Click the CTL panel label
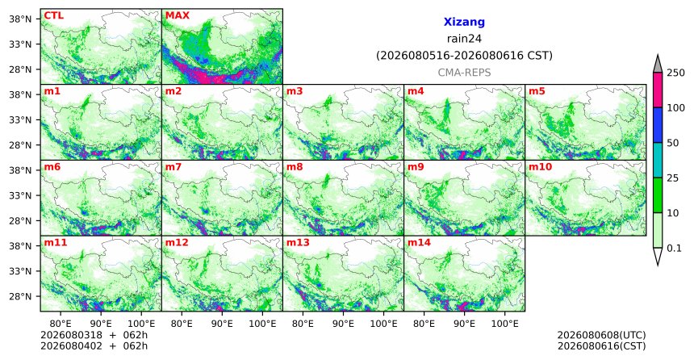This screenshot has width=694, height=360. [53, 16]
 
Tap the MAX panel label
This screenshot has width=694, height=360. [177, 16]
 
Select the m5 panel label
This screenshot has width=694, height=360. [537, 92]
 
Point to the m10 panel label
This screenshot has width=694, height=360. [540, 167]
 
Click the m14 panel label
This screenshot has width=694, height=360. [419, 243]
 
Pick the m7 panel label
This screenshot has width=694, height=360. [173, 167]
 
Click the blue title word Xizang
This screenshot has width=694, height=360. [464, 22]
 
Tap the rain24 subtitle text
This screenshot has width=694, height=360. [464, 39]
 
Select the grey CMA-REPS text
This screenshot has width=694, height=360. [464, 73]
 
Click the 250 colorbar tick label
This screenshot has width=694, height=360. [675, 73]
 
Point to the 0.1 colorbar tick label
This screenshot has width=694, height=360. [674, 249]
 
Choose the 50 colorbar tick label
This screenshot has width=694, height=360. [673, 143]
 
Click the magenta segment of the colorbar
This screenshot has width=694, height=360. [658, 90]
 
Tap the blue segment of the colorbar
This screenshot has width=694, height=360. [658, 125]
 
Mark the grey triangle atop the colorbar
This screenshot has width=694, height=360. [658, 65]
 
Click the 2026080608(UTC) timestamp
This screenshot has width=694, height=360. [601, 335]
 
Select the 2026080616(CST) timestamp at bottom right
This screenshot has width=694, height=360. [601, 346]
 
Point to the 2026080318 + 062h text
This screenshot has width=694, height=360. [94, 335]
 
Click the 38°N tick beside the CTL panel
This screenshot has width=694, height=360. [20, 19]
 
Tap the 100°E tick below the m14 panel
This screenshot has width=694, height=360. [505, 324]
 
